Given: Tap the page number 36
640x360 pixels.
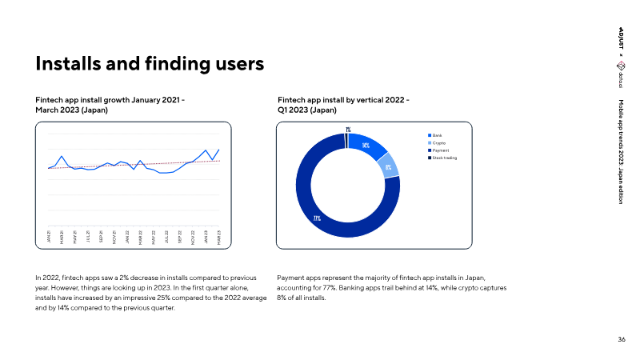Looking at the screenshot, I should pos(622,340).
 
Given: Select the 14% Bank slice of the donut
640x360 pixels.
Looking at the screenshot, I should pos(368,146).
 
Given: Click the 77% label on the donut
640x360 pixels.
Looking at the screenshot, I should pos(317,218).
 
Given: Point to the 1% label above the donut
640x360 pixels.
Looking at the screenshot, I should pos(348,129).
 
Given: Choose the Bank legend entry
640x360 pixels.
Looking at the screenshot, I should pos(437,136).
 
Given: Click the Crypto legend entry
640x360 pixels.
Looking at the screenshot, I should pos(438,143).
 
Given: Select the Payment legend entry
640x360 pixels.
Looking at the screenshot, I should pos(441,150).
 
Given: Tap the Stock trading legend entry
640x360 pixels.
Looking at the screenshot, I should pos(444,158).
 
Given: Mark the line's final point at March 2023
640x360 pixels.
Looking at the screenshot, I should pos(219,150).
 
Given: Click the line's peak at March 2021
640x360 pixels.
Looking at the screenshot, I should pos(62,156).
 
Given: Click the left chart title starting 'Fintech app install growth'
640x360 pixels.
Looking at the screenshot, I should pos(110,104).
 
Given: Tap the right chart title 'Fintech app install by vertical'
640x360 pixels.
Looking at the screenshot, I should pos(343,104).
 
